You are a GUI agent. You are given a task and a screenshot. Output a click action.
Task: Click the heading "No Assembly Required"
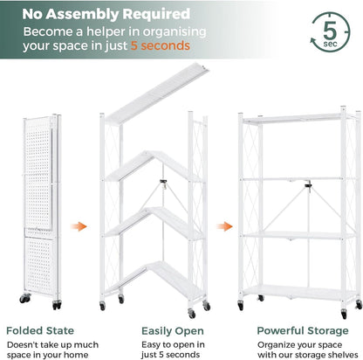107,15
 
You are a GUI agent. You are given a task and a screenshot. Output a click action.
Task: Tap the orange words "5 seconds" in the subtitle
156,46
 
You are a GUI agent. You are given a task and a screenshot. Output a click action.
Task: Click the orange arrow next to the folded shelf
79,226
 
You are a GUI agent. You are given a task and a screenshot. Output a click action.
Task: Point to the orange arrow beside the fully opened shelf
224,226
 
